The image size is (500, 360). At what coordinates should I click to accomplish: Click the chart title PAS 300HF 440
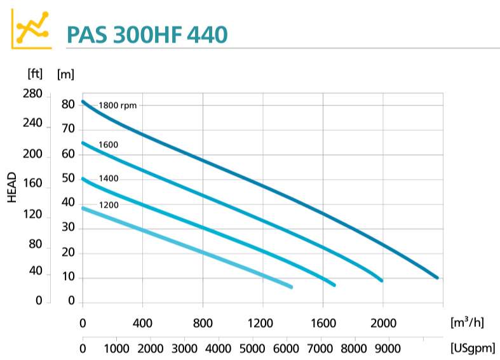click(146, 34)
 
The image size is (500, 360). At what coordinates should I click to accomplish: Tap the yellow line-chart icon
click(32, 29)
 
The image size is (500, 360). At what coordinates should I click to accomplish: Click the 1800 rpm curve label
click(118, 105)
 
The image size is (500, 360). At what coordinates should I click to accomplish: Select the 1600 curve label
click(109, 145)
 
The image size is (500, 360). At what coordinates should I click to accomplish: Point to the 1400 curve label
click(109, 178)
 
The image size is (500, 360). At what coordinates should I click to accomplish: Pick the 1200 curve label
click(109, 204)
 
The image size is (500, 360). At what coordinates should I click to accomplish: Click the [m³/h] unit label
click(467, 323)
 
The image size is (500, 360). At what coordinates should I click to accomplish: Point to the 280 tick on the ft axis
click(32, 95)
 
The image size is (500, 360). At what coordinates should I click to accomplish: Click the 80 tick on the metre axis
click(68, 104)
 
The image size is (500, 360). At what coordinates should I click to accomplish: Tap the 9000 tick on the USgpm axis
click(388, 349)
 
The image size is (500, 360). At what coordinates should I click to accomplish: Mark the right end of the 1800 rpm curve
click(437, 277)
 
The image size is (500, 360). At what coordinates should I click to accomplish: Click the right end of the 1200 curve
click(291, 287)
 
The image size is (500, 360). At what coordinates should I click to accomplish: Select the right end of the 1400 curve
click(334, 284)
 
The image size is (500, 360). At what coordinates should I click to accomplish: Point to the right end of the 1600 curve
click(381, 280)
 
